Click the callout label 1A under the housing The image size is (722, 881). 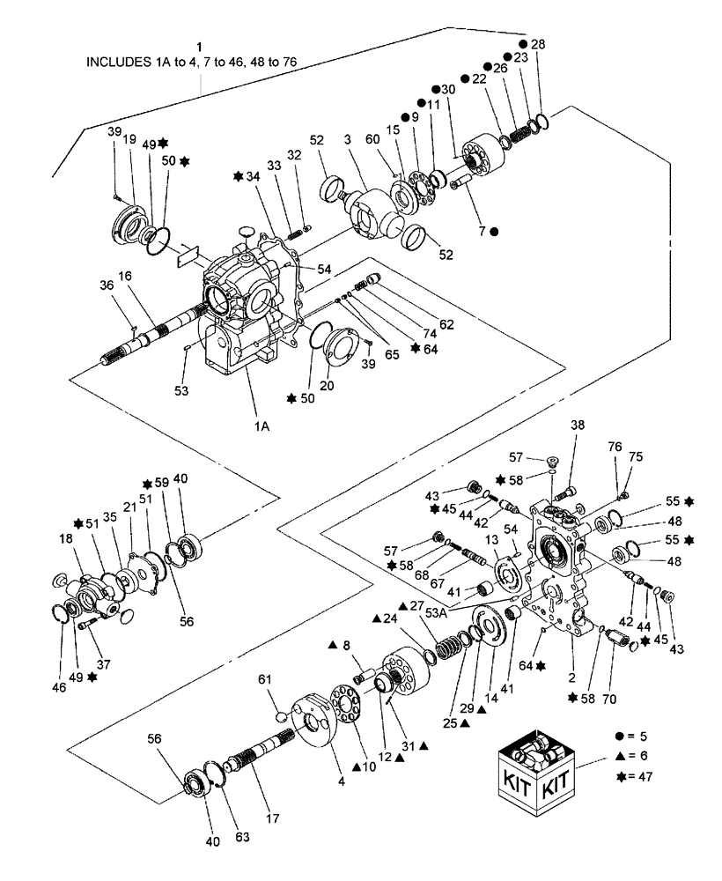pyautogui.click(x=262, y=423)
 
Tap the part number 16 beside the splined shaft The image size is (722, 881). pyautogui.click(x=126, y=276)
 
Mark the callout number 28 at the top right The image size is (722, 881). pyautogui.click(x=537, y=44)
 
